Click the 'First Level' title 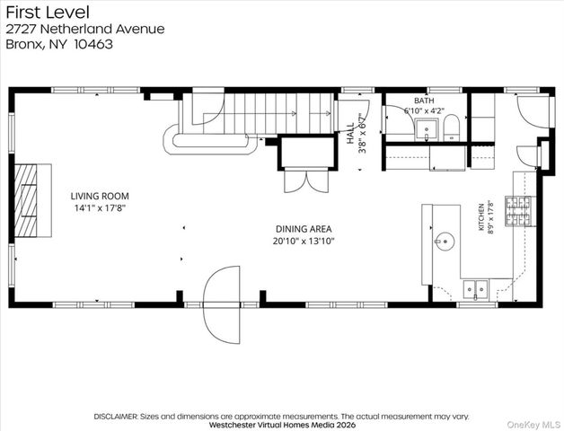pyautogui.click(x=48, y=13)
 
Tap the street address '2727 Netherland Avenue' pyautogui.click(x=85, y=29)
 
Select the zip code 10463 pyautogui.click(x=93, y=44)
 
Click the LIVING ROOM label pyautogui.click(x=100, y=196)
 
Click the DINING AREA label pyautogui.click(x=304, y=229)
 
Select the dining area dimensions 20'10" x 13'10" pyautogui.click(x=304, y=241)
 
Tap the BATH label pyautogui.click(x=424, y=101)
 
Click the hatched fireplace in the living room pyautogui.click(x=26, y=200)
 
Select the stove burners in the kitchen pyautogui.click(x=518, y=211)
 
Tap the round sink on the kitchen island pyautogui.click(x=445, y=241)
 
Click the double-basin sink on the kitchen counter pyautogui.click(x=475, y=290)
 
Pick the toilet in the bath pyautogui.click(x=452, y=128)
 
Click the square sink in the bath pyautogui.click(x=427, y=130)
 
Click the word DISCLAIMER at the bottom pyautogui.click(x=116, y=417)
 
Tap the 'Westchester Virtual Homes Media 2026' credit pyautogui.click(x=282, y=425)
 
